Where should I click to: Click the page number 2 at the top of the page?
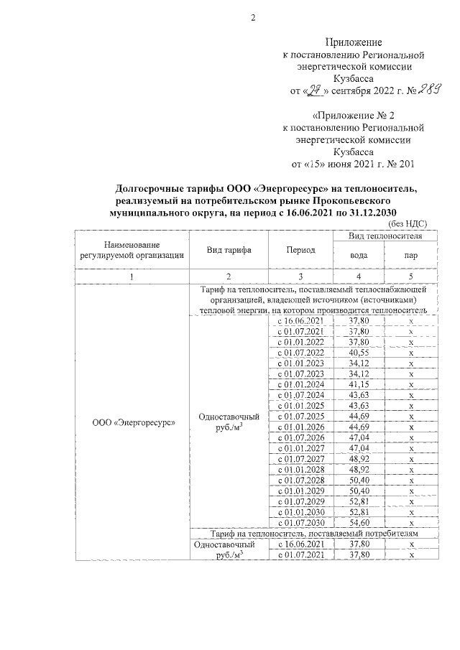click(253, 18)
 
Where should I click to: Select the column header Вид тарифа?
click(229, 249)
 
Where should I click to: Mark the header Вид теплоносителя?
click(385, 236)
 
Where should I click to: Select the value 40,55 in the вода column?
click(359, 353)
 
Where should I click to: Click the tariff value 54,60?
click(359, 523)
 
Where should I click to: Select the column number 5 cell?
click(411, 277)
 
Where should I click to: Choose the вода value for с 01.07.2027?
click(359, 459)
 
